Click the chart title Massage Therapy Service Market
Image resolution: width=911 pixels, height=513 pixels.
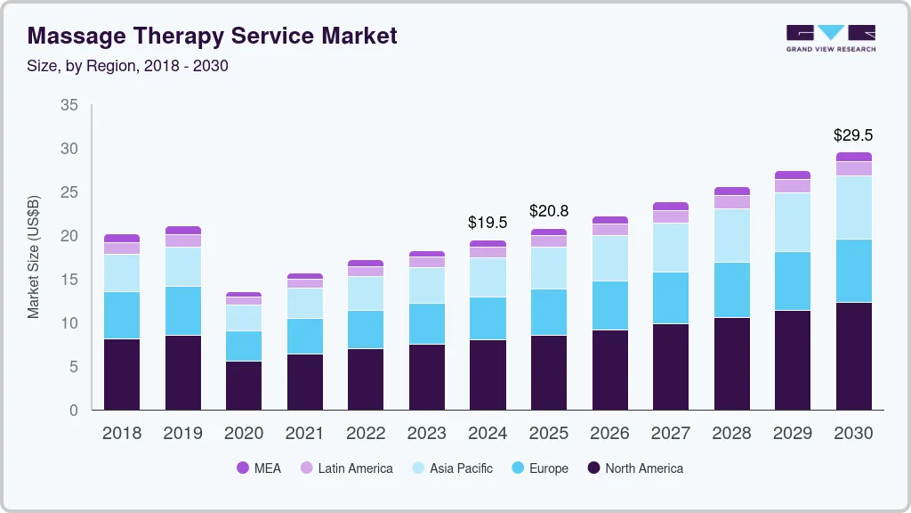point(212,37)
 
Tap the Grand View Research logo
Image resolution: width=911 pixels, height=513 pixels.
point(830,37)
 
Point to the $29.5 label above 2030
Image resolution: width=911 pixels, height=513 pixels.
point(853,135)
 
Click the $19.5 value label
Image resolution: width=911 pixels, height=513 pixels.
point(488,223)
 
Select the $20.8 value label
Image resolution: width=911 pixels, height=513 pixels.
point(549,211)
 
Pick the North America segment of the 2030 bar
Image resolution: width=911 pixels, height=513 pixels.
point(853,356)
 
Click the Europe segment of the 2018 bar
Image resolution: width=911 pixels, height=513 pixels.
point(122,315)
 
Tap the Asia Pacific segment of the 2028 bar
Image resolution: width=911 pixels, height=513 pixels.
point(731,236)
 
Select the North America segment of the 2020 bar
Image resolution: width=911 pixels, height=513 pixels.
point(244,385)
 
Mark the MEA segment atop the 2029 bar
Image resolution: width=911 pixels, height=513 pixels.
point(793,175)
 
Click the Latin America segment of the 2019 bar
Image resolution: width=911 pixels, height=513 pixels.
point(183,240)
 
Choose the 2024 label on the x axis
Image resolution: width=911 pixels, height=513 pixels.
point(488,433)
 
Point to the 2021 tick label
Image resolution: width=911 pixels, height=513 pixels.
point(305,433)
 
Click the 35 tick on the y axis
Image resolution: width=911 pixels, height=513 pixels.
point(69,105)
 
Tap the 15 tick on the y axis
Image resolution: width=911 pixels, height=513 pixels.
point(69,280)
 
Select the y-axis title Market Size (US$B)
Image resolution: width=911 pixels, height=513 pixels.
point(34,256)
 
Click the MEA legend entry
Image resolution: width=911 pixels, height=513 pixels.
point(258,468)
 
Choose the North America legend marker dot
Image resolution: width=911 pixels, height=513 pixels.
point(593,468)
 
